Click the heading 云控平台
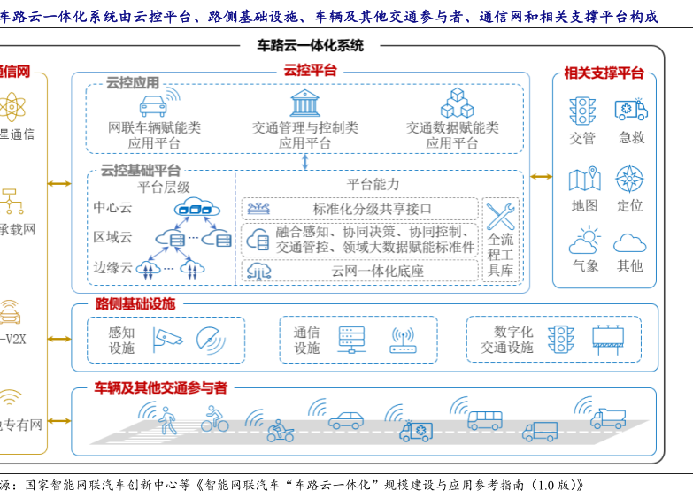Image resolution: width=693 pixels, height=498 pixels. pos(309,71)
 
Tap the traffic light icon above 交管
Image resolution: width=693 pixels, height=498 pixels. pos(582,111)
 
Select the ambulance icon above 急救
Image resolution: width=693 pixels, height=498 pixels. pos(631,110)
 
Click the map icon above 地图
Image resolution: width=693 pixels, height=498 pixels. pos(584,180)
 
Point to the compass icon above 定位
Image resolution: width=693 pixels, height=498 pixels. pos(629,179)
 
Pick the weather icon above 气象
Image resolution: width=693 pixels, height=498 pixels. pos(584,241)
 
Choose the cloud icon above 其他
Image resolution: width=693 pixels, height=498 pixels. pos(629,242)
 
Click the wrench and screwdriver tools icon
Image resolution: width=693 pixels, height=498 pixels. pos(500,216)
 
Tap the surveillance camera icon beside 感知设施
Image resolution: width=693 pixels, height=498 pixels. pos(166,336)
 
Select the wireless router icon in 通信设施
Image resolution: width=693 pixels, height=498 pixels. pos(403,341)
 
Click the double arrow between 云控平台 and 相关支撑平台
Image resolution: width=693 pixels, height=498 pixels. pos(541,177)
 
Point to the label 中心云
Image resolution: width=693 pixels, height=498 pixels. pos(112,208)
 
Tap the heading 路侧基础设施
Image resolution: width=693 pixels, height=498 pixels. pos(135,304)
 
